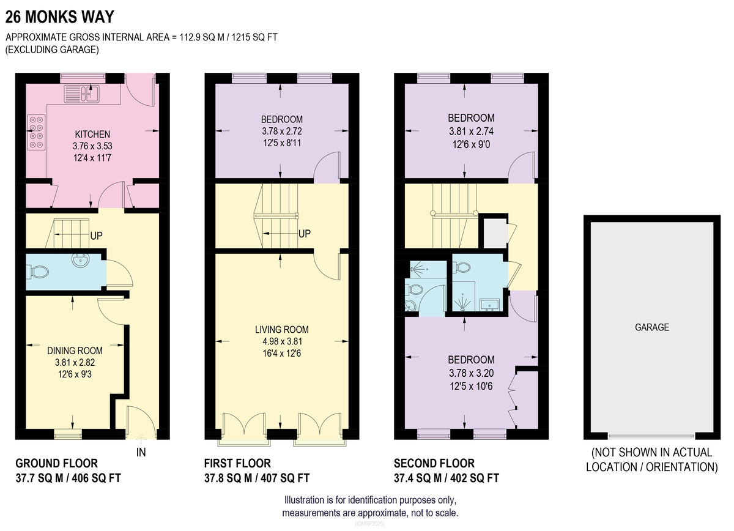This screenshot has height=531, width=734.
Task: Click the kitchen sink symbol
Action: (81, 94)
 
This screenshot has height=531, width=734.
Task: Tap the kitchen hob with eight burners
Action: (36, 132)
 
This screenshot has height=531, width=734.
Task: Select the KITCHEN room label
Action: (92, 135)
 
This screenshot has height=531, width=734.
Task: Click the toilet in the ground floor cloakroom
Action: (39, 272)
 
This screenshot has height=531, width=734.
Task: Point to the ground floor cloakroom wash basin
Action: (80, 260)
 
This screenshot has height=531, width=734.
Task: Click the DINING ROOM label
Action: (75, 351)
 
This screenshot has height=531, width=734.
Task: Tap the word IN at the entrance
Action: (141, 452)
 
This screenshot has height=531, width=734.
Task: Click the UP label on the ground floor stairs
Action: (97, 236)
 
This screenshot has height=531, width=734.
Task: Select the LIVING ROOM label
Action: (282, 329)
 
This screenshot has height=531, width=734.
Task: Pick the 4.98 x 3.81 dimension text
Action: (282, 341)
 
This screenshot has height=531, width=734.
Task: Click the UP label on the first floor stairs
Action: (305, 234)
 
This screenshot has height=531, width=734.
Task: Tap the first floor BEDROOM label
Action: (282, 119)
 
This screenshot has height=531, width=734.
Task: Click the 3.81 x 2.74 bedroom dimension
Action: (471, 132)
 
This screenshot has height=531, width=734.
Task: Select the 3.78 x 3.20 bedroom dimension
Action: (471, 373)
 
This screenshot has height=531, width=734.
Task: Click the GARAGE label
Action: (652, 327)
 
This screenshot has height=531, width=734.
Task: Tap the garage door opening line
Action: (651, 436)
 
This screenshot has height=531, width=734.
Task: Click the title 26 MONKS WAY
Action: (60, 17)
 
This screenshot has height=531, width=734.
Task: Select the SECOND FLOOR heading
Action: (434, 463)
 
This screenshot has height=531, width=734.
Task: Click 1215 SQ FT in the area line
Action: (254, 37)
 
